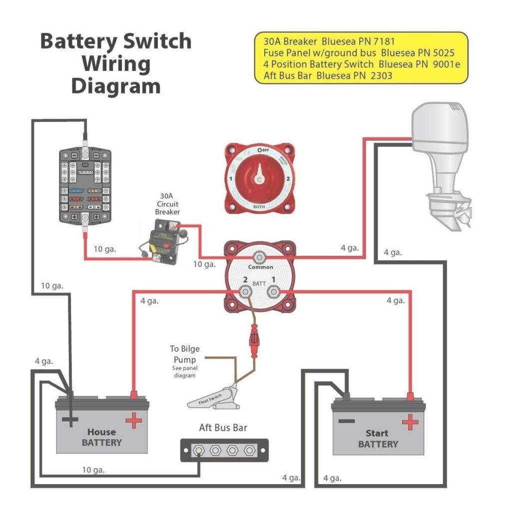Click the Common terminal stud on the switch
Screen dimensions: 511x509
point(260,257)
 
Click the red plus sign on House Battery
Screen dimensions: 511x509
point(133,420)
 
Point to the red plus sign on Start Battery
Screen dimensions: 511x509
point(410,422)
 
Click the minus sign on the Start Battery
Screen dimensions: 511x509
point(346,421)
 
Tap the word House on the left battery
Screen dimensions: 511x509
point(101,432)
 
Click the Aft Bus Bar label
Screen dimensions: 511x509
point(223,428)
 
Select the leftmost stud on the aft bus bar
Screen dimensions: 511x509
point(199,451)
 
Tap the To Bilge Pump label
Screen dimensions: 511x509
point(184,354)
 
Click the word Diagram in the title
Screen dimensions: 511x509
point(115,86)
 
